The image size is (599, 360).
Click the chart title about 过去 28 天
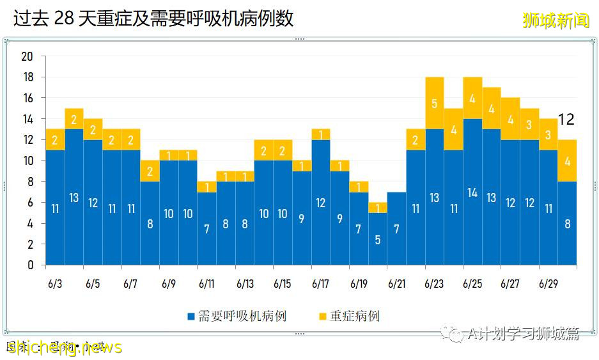click(x=153, y=19)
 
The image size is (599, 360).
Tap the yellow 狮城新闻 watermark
click(x=556, y=20)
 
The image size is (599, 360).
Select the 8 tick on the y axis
click(x=30, y=182)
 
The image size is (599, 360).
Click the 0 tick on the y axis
click(x=30, y=265)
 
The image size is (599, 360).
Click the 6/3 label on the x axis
click(x=55, y=283)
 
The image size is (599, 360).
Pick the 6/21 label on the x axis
click(x=396, y=283)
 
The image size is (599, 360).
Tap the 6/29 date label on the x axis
click(x=548, y=283)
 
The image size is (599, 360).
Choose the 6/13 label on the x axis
click(x=245, y=283)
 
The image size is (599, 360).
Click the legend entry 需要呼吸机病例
click(x=237, y=317)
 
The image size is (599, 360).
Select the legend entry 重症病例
click(x=349, y=317)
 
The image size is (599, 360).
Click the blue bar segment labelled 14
click(x=472, y=192)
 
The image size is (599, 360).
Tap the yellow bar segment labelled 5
click(x=435, y=103)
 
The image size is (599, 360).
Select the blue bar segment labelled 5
click(x=378, y=239)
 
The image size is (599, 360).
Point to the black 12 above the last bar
click(x=566, y=120)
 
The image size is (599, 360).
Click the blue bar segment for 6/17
click(x=321, y=203)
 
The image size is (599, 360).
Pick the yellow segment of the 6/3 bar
click(x=55, y=140)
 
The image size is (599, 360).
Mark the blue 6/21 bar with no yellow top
click(x=397, y=228)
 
